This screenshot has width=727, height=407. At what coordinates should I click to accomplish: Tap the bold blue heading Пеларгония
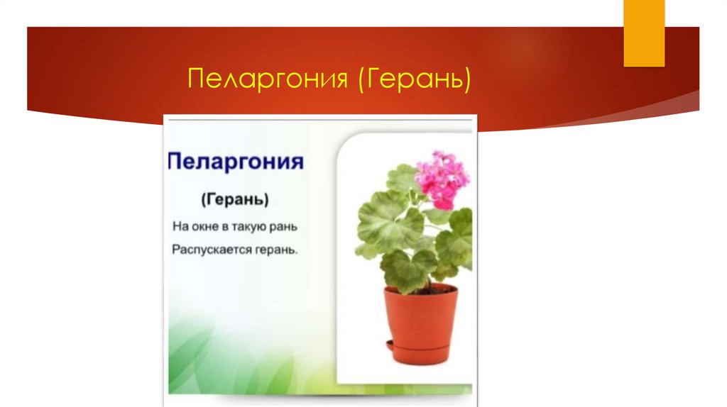236,161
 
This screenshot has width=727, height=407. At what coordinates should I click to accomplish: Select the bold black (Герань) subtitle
234,200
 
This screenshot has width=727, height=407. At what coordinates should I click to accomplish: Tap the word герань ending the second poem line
278,250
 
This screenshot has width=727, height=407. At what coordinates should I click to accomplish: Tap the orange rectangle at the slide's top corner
644,33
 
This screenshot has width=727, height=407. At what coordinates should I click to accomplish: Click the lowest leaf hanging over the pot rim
408,269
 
